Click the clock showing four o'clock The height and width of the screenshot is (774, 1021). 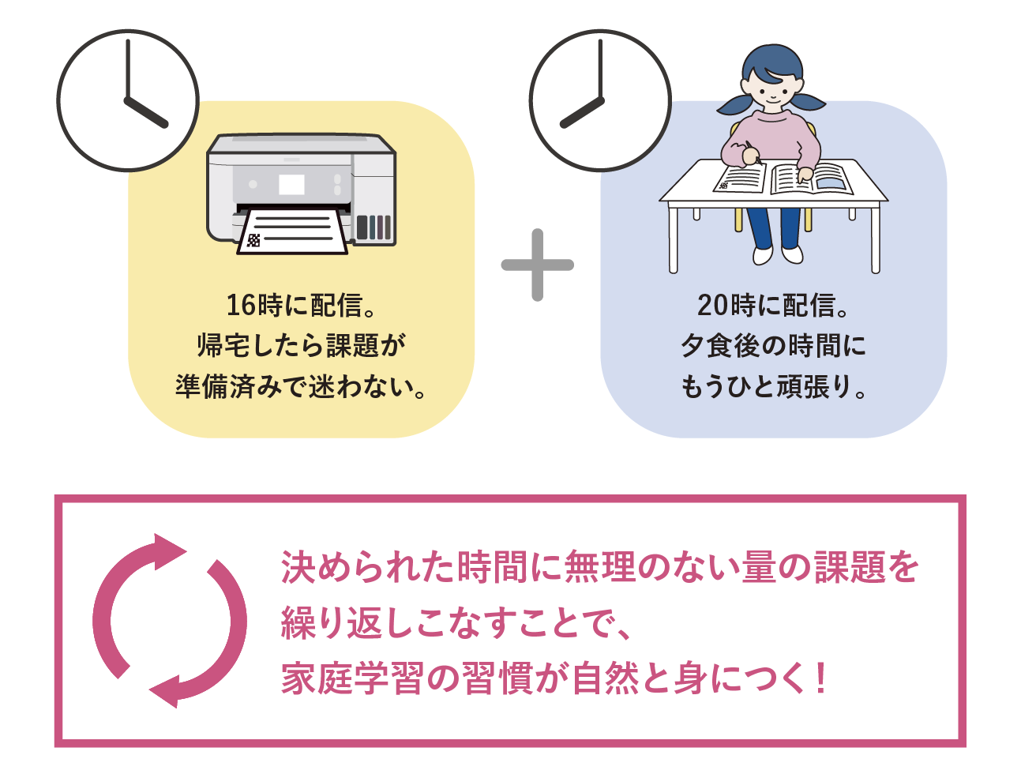pos(127,100)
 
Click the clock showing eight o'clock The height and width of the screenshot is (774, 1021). pos(599,100)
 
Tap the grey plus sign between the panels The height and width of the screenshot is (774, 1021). pos(537,265)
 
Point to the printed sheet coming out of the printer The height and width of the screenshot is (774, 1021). pos(292,231)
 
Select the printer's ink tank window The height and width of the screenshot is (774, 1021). pos(373,227)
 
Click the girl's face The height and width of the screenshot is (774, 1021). pos(771,88)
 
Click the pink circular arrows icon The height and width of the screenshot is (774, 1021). pos(169,620)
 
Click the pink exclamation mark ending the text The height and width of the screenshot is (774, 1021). pos(822,679)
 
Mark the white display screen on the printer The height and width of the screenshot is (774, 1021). pos(291,185)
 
